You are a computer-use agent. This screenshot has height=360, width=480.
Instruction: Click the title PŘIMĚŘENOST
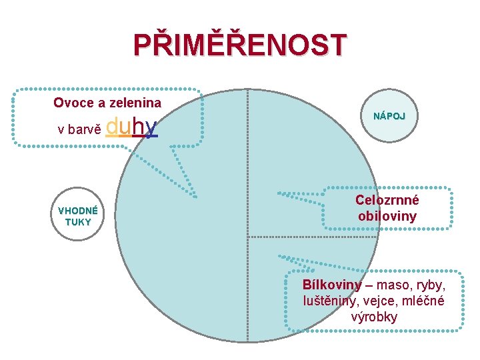click(240, 45)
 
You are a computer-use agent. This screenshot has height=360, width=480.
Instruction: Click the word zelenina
click(136, 103)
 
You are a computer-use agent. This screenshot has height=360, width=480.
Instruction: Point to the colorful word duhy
click(132, 126)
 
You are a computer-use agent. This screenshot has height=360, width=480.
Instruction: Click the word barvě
click(85, 129)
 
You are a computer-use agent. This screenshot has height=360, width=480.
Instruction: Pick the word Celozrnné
click(387, 200)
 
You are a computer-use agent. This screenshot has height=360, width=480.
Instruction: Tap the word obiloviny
click(387, 216)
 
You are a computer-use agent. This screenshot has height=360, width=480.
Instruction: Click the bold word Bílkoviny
click(332, 285)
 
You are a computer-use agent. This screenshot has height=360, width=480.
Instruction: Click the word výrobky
click(374, 317)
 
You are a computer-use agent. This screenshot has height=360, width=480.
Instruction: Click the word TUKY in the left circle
click(78, 222)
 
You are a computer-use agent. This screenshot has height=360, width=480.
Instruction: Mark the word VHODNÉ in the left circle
click(78, 211)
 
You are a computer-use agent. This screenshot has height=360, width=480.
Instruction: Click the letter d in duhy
click(113, 126)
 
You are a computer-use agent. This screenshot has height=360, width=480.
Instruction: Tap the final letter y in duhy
click(152, 127)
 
